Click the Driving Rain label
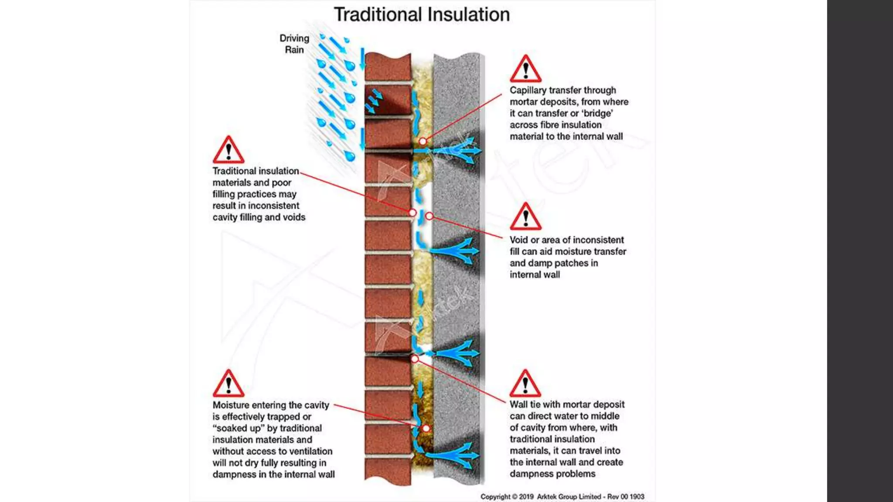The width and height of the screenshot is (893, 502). [294, 44]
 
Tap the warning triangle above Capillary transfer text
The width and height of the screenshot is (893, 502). [525, 69]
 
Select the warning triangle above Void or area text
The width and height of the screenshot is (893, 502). [525, 217]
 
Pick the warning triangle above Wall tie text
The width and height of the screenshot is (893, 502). [525, 384]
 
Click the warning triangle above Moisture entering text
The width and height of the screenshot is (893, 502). [228, 384]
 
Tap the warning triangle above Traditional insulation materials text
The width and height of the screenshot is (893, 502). [228, 150]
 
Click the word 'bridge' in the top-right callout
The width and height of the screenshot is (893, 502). [597, 113]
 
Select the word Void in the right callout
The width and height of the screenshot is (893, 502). [518, 240]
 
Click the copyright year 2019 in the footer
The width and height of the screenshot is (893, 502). [526, 496]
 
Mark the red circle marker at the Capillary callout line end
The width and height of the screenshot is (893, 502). [423, 141]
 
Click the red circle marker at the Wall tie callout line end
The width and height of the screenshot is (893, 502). [415, 359]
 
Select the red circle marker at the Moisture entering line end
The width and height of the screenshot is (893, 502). [426, 428]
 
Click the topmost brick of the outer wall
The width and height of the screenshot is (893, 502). [388, 66]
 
